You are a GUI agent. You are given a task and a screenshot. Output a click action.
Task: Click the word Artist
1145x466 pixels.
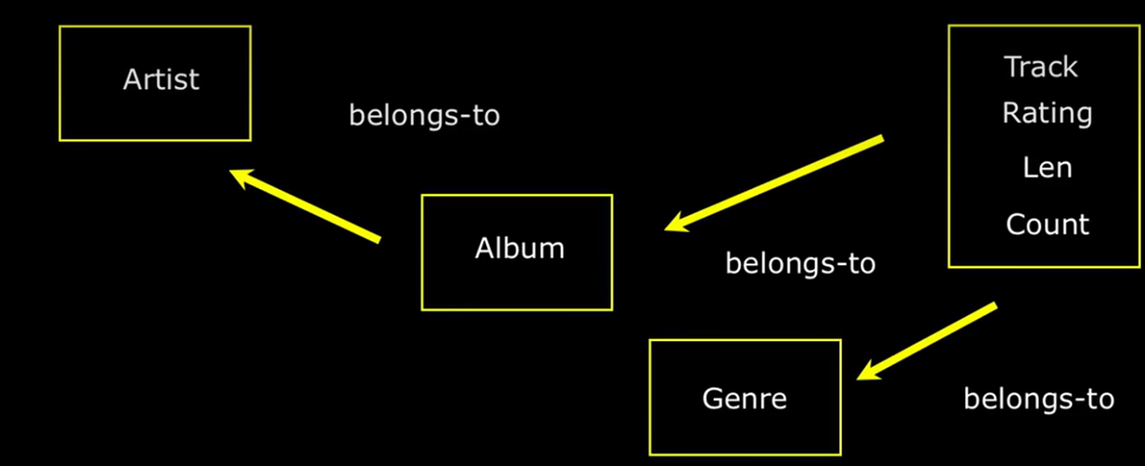pos(161,79)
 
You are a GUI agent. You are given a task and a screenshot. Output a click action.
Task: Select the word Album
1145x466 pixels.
pos(519,248)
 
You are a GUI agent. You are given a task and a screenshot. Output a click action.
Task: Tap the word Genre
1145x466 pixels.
pos(744,398)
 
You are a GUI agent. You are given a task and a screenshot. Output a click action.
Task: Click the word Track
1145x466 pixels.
pos(1041,67)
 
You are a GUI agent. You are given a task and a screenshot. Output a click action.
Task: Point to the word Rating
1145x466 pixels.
pos(1047,113)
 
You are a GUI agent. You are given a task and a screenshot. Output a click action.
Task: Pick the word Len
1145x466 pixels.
pos(1047,168)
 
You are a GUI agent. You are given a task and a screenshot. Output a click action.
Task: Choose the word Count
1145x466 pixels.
pos(1047,224)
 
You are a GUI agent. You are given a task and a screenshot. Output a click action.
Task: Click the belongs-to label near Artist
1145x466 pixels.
pos(424,115)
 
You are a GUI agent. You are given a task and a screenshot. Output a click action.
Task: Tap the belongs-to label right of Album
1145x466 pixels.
pos(800,263)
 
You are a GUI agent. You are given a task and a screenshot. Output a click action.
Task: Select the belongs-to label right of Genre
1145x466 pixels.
pos(1038,399)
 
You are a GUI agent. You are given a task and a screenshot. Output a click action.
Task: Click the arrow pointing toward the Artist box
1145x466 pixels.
pos(305,205)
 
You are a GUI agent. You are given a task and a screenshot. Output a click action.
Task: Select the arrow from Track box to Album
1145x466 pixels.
pos(774,184)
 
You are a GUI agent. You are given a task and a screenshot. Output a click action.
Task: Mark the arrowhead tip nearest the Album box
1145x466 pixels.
pos(665,230)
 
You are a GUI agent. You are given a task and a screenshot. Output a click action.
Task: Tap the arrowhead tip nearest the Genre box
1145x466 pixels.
pos(857,378)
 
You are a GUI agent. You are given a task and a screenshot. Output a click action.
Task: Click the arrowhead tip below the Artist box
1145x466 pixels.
pos(230,172)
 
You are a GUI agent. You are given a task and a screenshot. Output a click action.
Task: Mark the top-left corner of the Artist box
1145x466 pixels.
pos(60,27)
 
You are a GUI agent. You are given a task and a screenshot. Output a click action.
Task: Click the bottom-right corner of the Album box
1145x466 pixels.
pos(611,309)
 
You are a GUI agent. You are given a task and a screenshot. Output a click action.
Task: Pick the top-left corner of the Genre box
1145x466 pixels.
pos(650,341)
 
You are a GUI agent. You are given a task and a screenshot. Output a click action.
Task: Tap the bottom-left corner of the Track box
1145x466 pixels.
pos(949,265)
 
